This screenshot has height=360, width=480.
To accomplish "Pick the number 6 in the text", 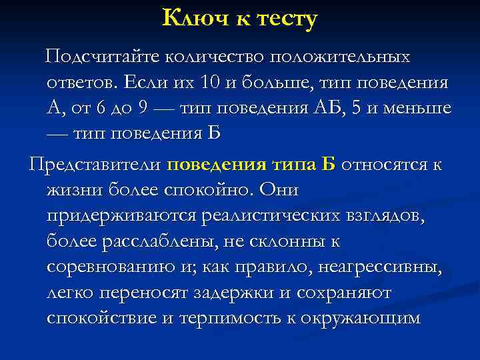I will [x=101, y=108].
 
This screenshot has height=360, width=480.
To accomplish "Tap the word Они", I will [x=279, y=191].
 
